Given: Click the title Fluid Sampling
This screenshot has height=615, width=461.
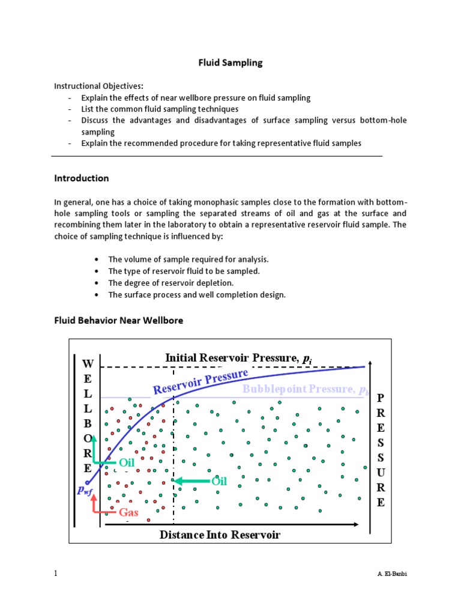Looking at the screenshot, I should pyautogui.click(x=231, y=62).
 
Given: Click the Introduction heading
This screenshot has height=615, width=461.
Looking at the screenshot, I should pyautogui.click(x=82, y=178).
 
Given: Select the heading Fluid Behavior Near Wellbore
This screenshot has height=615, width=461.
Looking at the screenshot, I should pyautogui.click(x=118, y=320).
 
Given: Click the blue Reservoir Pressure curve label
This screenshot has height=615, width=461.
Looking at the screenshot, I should pyautogui.click(x=200, y=382).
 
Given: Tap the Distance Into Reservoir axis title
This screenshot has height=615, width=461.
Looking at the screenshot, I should pyautogui.click(x=220, y=535).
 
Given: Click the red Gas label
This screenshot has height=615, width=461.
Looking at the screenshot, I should pyautogui.click(x=128, y=512).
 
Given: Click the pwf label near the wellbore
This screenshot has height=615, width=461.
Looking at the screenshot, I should pyautogui.click(x=85, y=489).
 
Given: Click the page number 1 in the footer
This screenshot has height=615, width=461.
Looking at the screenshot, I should pyautogui.click(x=56, y=574).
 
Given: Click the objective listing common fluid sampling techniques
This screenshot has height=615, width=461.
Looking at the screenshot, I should pyautogui.click(x=160, y=109).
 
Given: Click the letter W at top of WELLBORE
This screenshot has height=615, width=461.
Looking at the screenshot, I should pyautogui.click(x=88, y=364).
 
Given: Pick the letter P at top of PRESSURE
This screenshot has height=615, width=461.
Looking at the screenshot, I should pyautogui.click(x=380, y=398).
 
